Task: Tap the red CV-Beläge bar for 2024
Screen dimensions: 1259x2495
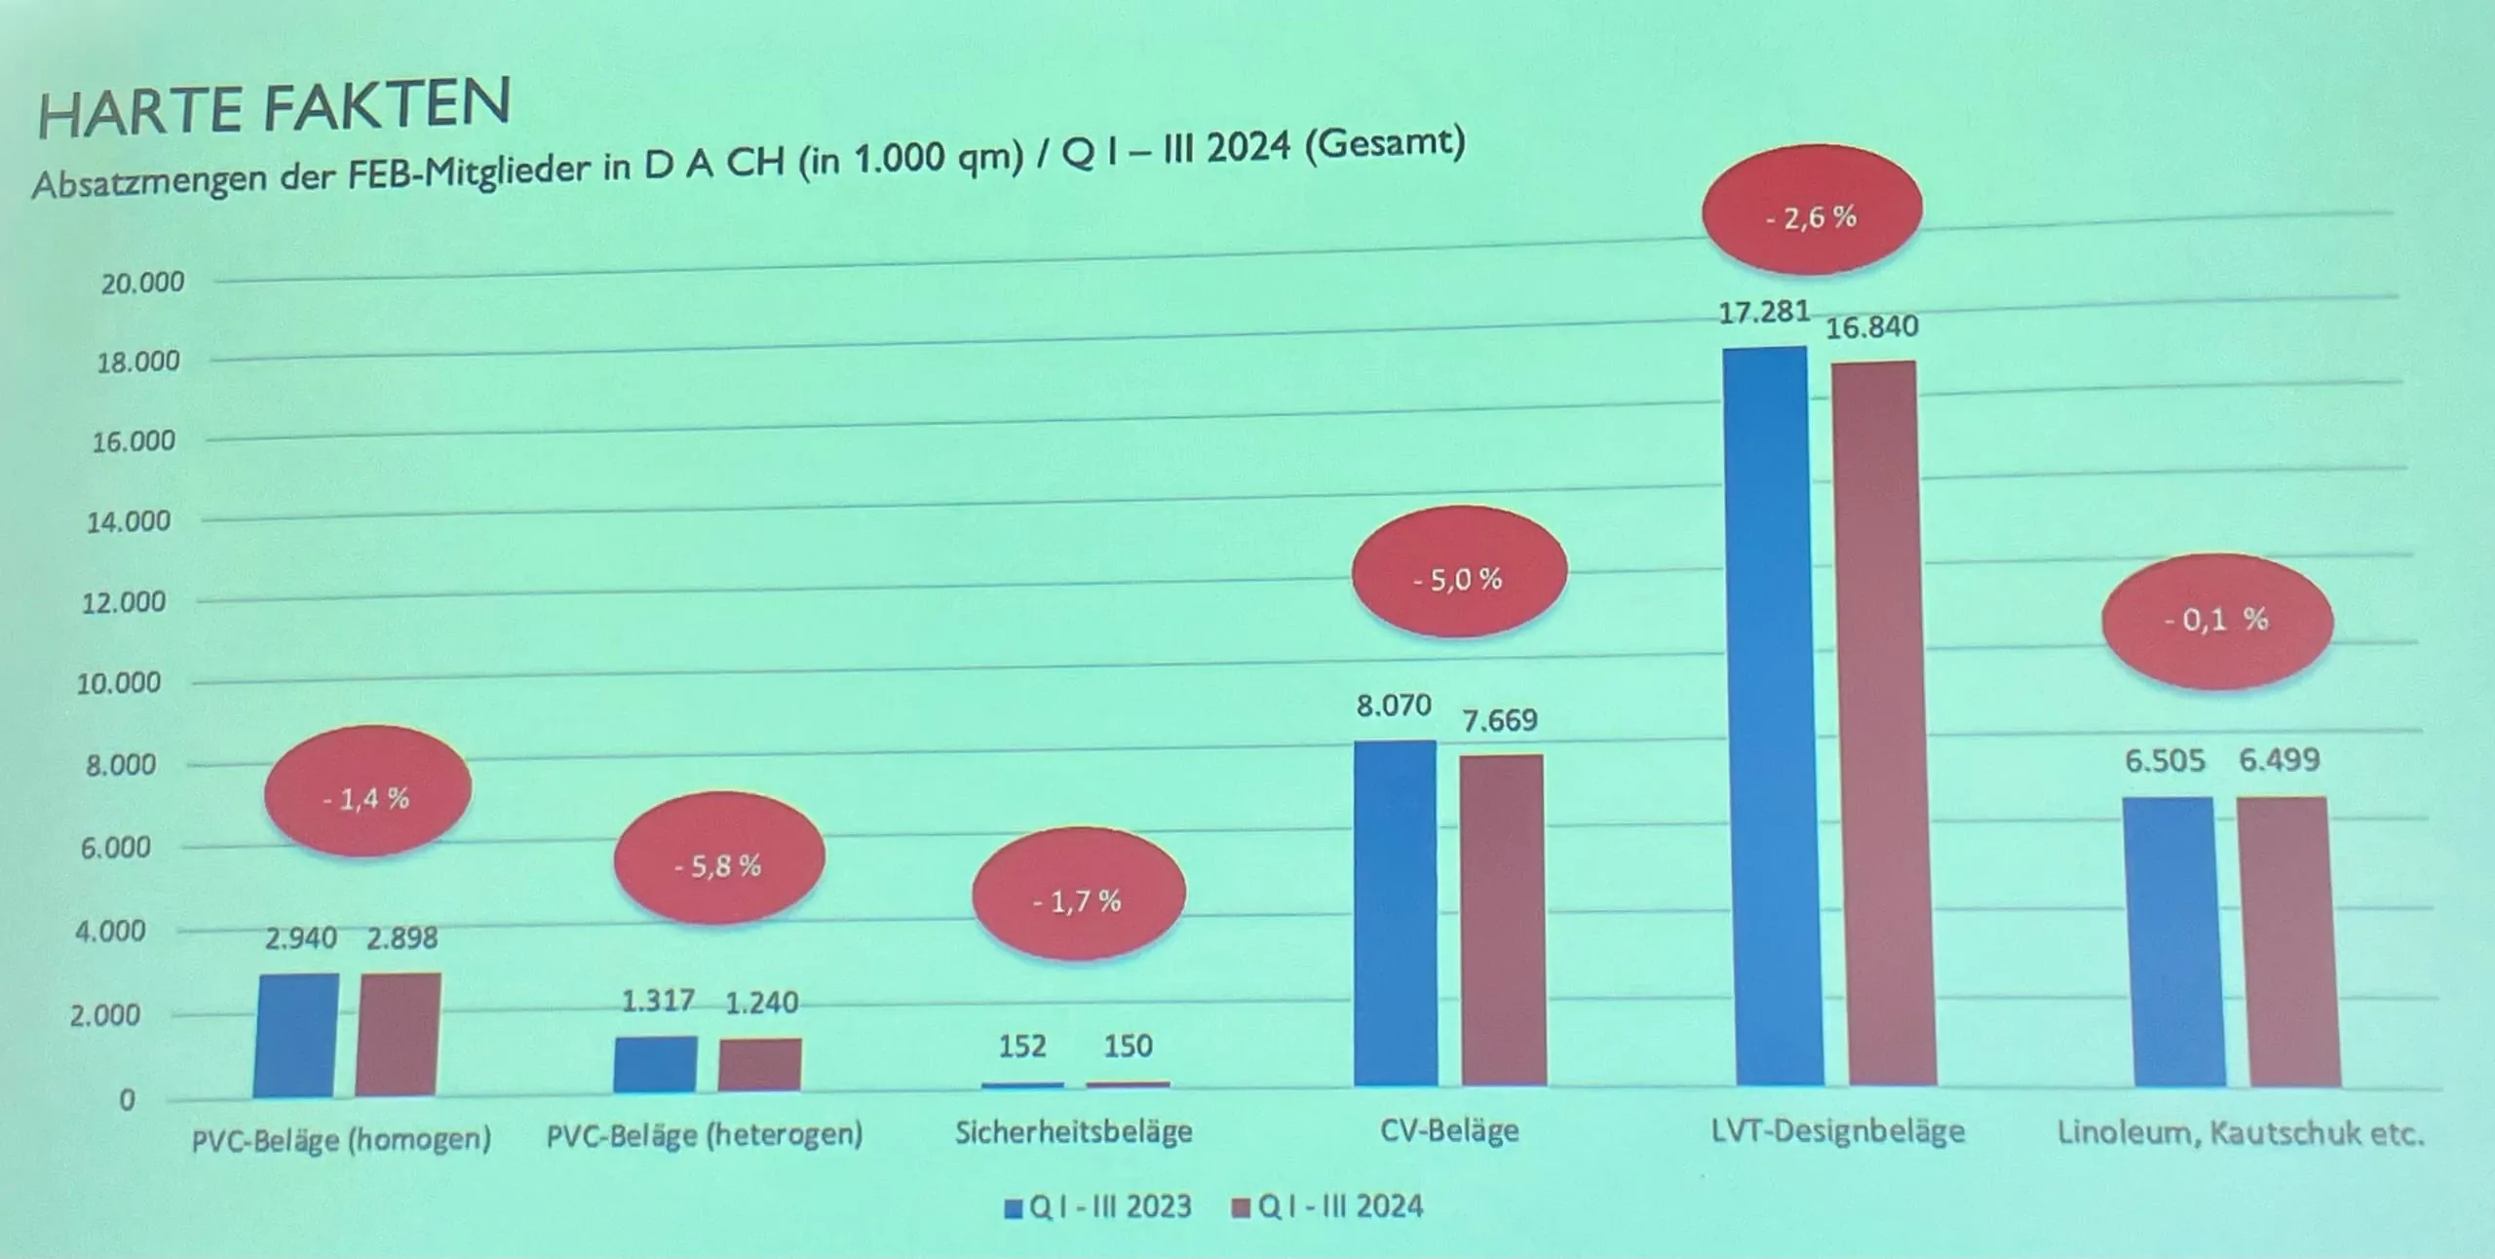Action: [1502, 920]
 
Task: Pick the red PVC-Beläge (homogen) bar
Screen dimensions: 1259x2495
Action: [398, 1034]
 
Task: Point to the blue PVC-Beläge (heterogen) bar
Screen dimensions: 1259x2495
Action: [656, 1064]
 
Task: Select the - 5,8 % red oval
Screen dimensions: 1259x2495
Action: [718, 863]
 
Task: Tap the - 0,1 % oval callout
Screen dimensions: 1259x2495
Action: [2216, 620]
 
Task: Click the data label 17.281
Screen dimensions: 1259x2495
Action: [1764, 312]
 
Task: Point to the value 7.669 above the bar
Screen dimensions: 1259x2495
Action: [1500, 720]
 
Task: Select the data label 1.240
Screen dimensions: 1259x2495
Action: [761, 1002]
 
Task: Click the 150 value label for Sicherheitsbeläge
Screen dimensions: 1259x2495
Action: [1128, 1046]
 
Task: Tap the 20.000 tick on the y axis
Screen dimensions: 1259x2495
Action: [142, 283]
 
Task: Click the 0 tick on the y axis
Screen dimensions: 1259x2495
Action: [128, 1100]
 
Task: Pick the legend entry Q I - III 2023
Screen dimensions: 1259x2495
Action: [1098, 1206]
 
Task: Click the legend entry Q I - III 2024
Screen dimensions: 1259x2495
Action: [1328, 1206]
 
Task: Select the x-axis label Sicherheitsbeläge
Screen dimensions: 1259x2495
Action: [1074, 1131]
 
